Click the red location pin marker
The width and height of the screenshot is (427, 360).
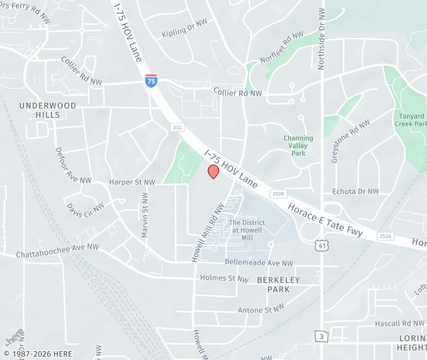pos(213,171)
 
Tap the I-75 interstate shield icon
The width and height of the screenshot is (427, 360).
pos(152,81)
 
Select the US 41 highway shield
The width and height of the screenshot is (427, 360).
pos(322,247)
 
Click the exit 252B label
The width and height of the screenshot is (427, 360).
pos(278,193)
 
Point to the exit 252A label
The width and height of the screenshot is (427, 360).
pos(385,236)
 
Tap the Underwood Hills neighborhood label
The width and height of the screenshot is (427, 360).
pos(48,110)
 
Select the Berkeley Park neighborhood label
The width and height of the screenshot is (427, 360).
pos(278,285)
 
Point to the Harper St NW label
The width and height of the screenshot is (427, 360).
pos(131,182)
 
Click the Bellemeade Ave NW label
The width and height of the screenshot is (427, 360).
pos(259,263)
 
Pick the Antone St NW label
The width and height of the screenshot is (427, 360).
pos(261,309)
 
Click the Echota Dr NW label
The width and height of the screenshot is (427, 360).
pos(355,191)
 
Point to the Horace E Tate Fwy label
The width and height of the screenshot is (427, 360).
pos(326,220)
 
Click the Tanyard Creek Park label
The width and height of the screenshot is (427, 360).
pos(410,119)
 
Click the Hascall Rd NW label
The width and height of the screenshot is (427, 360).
pos(396,323)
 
